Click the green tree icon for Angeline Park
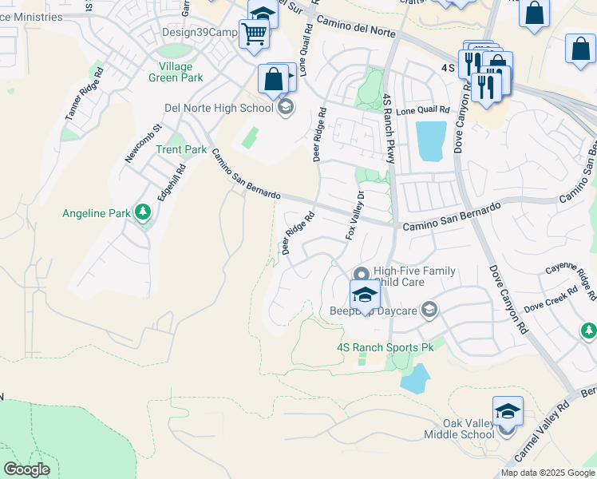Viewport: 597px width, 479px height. click(x=143, y=212)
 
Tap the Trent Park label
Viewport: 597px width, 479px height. click(x=181, y=149)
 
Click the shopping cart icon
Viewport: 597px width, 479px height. click(x=254, y=34)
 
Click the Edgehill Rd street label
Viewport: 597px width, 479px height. click(x=171, y=182)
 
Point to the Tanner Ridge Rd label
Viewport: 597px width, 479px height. click(x=84, y=93)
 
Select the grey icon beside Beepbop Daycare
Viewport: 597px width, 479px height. click(x=429, y=310)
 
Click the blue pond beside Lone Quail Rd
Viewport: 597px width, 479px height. click(x=431, y=141)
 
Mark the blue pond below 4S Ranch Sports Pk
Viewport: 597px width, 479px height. click(x=415, y=378)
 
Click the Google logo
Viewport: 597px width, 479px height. click(x=26, y=469)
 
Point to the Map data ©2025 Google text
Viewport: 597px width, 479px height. click(x=548, y=473)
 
